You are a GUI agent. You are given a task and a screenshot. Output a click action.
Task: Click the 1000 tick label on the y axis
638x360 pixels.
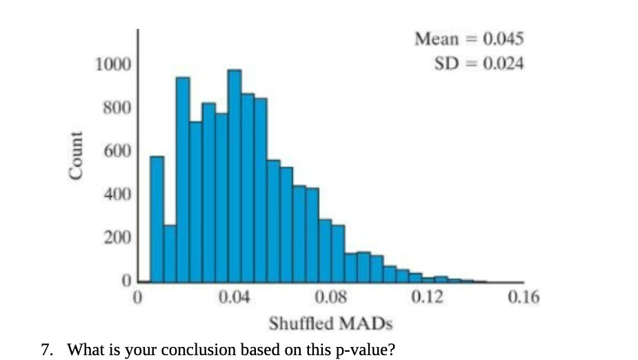112,65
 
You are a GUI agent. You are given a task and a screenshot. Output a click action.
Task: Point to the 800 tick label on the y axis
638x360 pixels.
117,108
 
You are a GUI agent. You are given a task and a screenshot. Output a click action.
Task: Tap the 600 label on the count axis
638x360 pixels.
117,152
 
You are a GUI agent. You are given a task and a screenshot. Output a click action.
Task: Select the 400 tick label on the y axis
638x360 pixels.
117,195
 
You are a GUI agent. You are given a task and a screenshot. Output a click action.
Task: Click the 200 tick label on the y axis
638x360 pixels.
117,239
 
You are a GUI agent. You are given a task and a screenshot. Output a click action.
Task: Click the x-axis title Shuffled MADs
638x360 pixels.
330,323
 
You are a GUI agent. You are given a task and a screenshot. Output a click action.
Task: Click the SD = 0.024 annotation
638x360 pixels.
479,63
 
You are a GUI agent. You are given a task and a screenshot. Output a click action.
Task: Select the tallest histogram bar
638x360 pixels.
235,176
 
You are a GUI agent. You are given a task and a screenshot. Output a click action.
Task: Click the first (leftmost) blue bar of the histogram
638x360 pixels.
157,219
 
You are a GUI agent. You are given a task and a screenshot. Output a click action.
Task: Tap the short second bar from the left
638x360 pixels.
170,254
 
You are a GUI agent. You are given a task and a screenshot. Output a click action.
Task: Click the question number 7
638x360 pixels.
46,349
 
